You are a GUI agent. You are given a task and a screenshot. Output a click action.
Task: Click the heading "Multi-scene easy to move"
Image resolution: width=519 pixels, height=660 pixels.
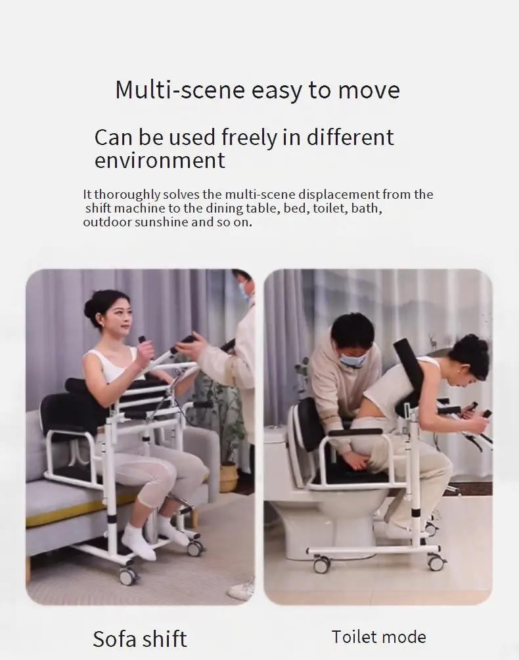point(257,90)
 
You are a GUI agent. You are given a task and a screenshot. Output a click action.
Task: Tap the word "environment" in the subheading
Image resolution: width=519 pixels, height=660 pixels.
point(160,160)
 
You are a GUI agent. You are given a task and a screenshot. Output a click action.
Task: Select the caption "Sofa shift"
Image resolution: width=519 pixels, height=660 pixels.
point(140,638)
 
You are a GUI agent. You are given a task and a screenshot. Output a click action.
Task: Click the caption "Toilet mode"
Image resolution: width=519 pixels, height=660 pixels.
point(378,636)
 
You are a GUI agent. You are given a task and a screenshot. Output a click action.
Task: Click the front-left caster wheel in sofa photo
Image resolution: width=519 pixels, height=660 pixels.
point(127,575)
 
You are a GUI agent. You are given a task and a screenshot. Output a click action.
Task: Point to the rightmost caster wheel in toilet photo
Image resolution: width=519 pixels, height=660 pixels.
point(435,562)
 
